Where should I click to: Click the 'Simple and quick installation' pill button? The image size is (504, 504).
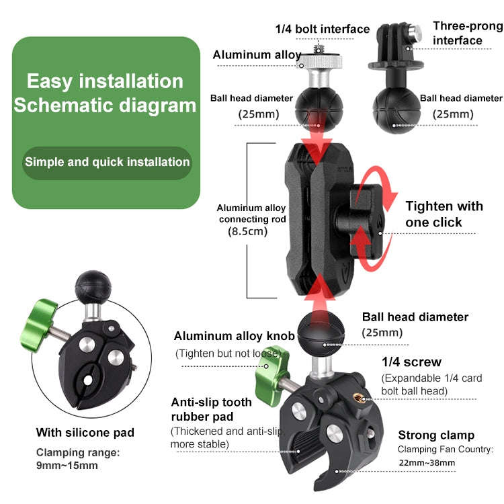108,162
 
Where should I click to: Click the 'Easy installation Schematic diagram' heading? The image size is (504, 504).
105,93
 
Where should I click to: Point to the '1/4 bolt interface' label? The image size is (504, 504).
323,29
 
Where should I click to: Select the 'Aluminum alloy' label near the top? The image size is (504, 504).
257,55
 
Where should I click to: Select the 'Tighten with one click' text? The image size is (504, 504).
444,214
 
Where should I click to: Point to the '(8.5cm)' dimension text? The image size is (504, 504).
247,231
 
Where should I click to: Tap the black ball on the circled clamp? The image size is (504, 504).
90,286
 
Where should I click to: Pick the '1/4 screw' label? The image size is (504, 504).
411,362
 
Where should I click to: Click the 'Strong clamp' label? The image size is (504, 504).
435,435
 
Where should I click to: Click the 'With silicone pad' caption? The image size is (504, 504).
85,432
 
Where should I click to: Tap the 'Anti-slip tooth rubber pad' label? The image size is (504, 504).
211,409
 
